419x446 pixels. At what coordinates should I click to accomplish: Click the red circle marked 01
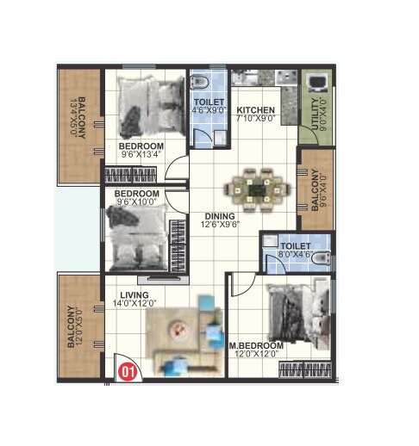(128, 372)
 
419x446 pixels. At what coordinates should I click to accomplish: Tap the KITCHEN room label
(256, 110)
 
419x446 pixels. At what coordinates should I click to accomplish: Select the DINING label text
(222, 215)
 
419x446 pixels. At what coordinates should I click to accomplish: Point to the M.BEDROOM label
(256, 345)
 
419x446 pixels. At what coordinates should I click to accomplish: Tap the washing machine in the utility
(316, 84)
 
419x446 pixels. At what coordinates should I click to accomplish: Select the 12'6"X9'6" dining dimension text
(222, 225)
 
